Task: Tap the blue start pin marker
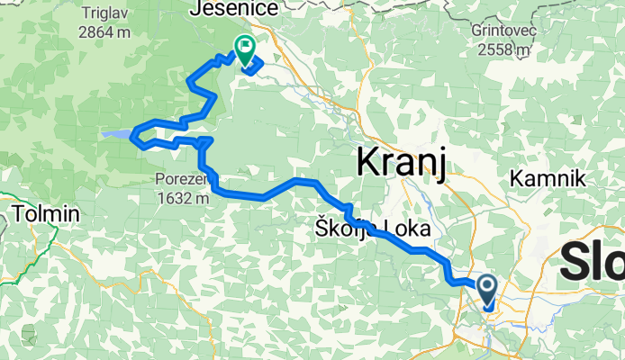(x=486, y=292)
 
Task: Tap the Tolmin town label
(x=46, y=214)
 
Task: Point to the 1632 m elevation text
(x=181, y=197)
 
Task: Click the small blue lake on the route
(x=115, y=135)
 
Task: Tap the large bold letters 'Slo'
(x=593, y=262)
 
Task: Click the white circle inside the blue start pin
(x=486, y=287)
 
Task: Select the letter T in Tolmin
(x=19, y=214)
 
